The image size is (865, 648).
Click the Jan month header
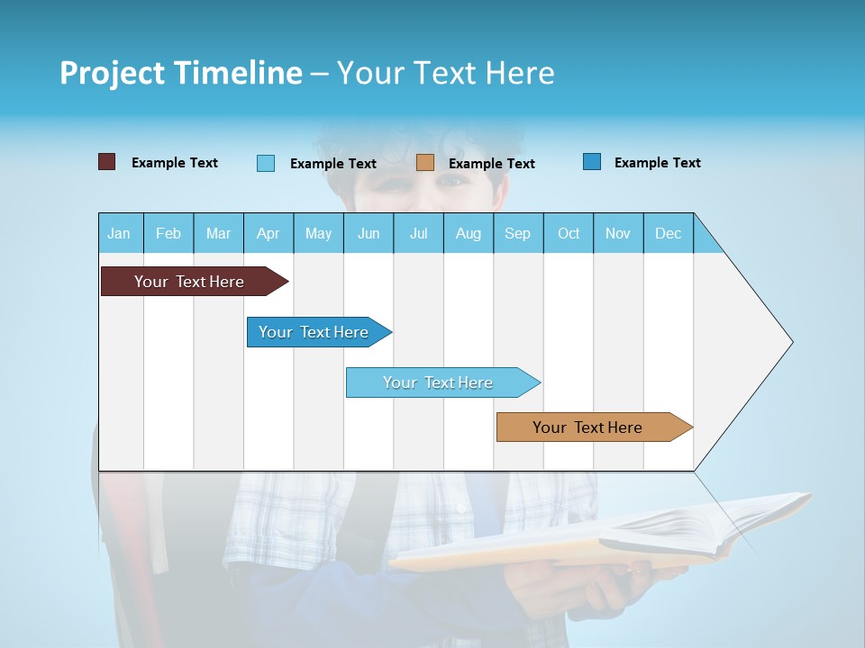coord(120,233)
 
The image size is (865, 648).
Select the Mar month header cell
coord(218,233)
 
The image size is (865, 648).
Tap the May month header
coord(318,233)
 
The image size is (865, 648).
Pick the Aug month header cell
coord(468,233)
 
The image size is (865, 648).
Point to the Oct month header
coord(568,233)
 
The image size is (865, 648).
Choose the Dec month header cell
coord(668,233)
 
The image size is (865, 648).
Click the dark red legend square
coord(106,162)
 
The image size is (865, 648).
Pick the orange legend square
coord(425,163)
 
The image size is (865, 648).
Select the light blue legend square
coord(266,163)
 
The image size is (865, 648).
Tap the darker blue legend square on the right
coord(592,162)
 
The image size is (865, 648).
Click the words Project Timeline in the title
coord(180,73)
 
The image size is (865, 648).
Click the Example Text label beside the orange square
coord(491,164)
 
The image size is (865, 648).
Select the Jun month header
coord(369,233)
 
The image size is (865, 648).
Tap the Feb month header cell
coord(168,233)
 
